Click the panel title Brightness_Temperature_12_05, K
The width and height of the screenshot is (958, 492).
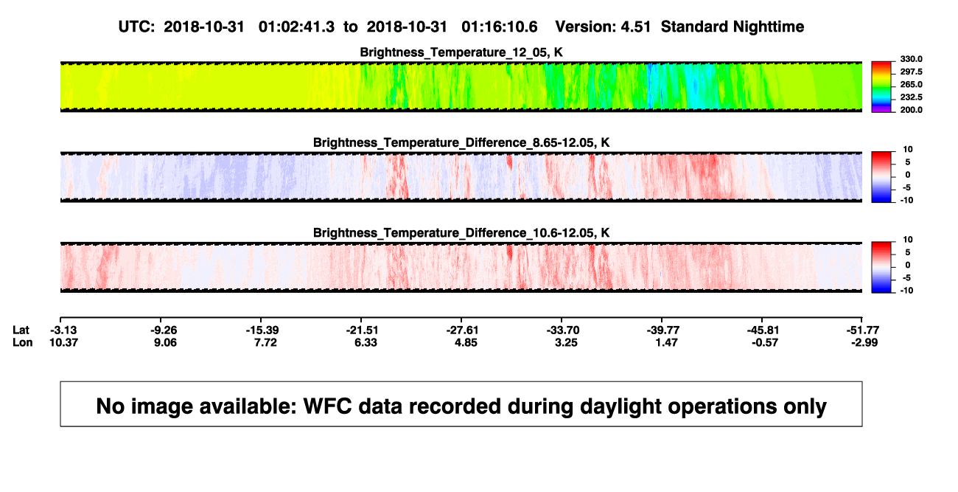[461, 52]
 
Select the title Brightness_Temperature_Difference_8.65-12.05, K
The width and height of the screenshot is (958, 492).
[461, 142]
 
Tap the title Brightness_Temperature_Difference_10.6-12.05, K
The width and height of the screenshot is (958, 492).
[461, 233]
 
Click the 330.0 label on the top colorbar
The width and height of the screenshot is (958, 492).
[911, 59]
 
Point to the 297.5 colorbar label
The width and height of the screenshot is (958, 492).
[911, 72]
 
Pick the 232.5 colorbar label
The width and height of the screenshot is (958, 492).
[911, 97]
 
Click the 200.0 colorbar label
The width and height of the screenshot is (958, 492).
[911, 110]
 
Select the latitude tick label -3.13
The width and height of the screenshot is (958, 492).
[63, 330]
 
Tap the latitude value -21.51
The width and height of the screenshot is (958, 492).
[363, 330]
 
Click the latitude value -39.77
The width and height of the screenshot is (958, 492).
[663, 330]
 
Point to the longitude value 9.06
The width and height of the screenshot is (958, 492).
[166, 342]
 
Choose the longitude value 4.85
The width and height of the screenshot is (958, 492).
[466, 342]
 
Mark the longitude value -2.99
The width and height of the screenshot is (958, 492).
[864, 342]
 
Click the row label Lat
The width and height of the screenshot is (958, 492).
[21, 330]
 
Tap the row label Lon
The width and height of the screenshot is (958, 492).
[22, 342]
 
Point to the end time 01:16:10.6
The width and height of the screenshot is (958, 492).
[499, 27]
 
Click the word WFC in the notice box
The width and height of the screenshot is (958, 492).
[327, 406]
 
